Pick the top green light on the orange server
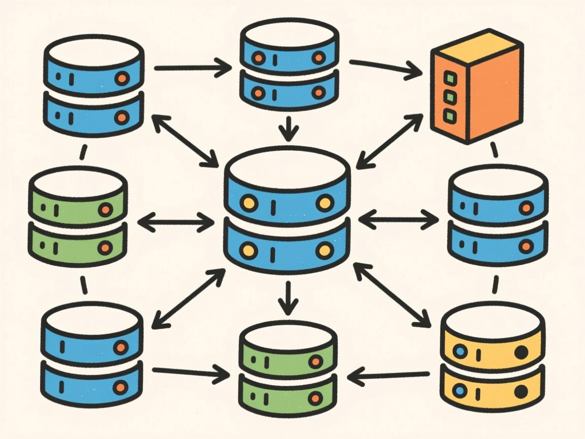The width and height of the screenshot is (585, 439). [x=448, y=78]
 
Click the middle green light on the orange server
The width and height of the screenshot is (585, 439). [x=448, y=97]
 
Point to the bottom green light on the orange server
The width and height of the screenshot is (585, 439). [x=448, y=115]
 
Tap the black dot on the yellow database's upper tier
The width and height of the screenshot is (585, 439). [x=521, y=352]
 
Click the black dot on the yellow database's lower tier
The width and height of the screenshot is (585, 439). [x=521, y=392]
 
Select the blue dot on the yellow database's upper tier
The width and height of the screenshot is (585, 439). [x=461, y=351]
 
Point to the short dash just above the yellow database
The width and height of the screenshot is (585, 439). [x=495, y=285]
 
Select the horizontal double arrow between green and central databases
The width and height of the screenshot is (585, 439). [x=176, y=222]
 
